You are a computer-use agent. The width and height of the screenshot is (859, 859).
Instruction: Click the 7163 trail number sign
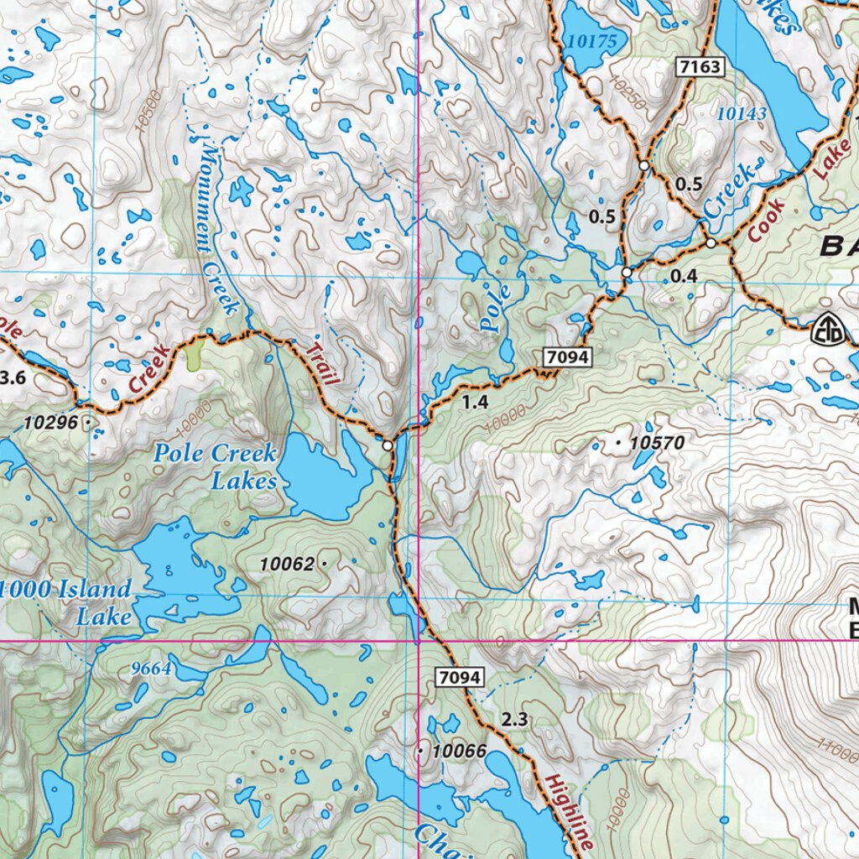700,67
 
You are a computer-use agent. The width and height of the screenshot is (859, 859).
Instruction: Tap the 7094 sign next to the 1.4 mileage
569,358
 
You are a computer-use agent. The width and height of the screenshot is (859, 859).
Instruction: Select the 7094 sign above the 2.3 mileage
460,677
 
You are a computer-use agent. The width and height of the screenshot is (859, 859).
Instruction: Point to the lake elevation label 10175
591,40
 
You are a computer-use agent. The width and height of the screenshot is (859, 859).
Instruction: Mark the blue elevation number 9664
152,669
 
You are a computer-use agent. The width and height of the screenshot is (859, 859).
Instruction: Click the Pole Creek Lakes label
215,467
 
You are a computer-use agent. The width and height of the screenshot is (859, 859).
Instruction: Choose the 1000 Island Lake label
67,601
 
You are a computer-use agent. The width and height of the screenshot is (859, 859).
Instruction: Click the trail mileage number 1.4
475,403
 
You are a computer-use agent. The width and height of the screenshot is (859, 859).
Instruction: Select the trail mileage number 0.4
685,275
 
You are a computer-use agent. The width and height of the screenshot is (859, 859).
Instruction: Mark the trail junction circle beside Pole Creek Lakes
387,445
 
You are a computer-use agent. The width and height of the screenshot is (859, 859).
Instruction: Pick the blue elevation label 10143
742,114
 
